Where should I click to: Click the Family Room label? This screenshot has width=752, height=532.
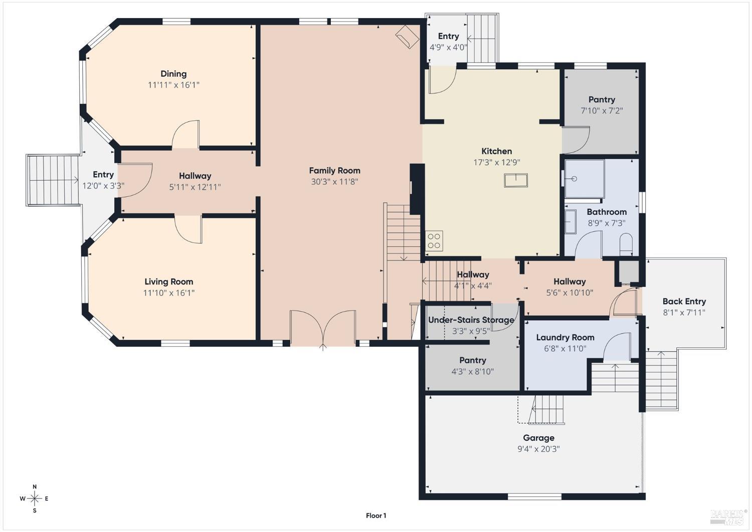(x=334, y=171)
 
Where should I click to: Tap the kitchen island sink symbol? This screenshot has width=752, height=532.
(x=516, y=180)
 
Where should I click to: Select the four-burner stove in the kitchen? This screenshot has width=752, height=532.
(x=434, y=240)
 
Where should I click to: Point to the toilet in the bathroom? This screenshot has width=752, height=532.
(x=626, y=244)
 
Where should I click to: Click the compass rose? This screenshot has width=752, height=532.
(x=35, y=499)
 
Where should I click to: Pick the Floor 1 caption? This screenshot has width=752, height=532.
(x=376, y=515)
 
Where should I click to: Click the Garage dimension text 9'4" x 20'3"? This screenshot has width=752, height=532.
(x=538, y=449)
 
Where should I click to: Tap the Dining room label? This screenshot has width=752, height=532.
(x=173, y=74)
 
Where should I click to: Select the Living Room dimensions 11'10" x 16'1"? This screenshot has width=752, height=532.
(x=169, y=293)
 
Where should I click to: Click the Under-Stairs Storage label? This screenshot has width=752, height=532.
(x=471, y=320)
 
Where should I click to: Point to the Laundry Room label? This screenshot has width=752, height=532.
(x=566, y=337)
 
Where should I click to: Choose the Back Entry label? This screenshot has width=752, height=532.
(x=684, y=302)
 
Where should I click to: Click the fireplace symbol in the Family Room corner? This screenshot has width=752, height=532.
(x=407, y=37)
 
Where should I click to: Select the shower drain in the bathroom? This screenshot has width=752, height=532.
(x=574, y=179)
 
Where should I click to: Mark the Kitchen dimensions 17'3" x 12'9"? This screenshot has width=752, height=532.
(x=497, y=163)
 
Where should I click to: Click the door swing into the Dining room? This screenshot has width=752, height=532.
(x=185, y=134)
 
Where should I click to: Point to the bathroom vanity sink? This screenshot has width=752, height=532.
(x=571, y=221)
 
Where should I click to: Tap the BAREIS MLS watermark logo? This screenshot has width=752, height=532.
(x=727, y=516)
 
